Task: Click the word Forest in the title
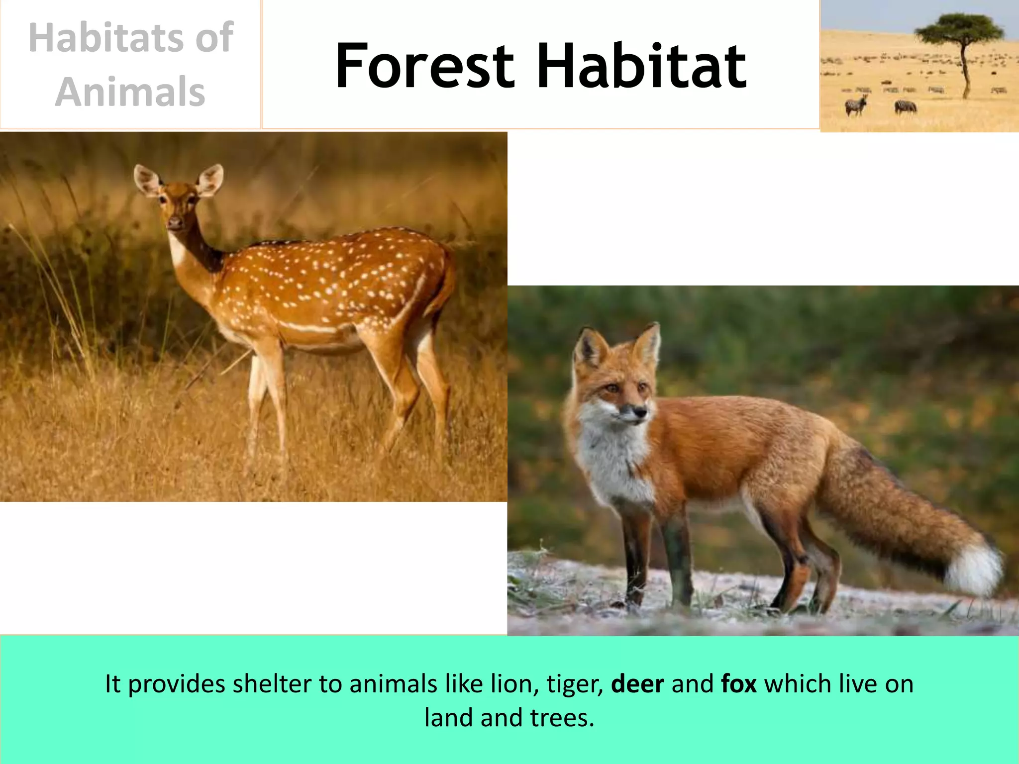pyautogui.click(x=424, y=66)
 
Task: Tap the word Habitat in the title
pyautogui.click(x=641, y=66)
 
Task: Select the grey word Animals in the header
pyautogui.click(x=130, y=92)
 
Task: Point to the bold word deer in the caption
pyautogui.click(x=637, y=684)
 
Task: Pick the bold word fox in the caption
pyautogui.click(x=739, y=684)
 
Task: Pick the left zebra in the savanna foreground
pyautogui.click(x=856, y=105)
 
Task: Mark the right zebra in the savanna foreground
pyautogui.click(x=906, y=106)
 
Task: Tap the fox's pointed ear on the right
pyautogui.click(x=649, y=343)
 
